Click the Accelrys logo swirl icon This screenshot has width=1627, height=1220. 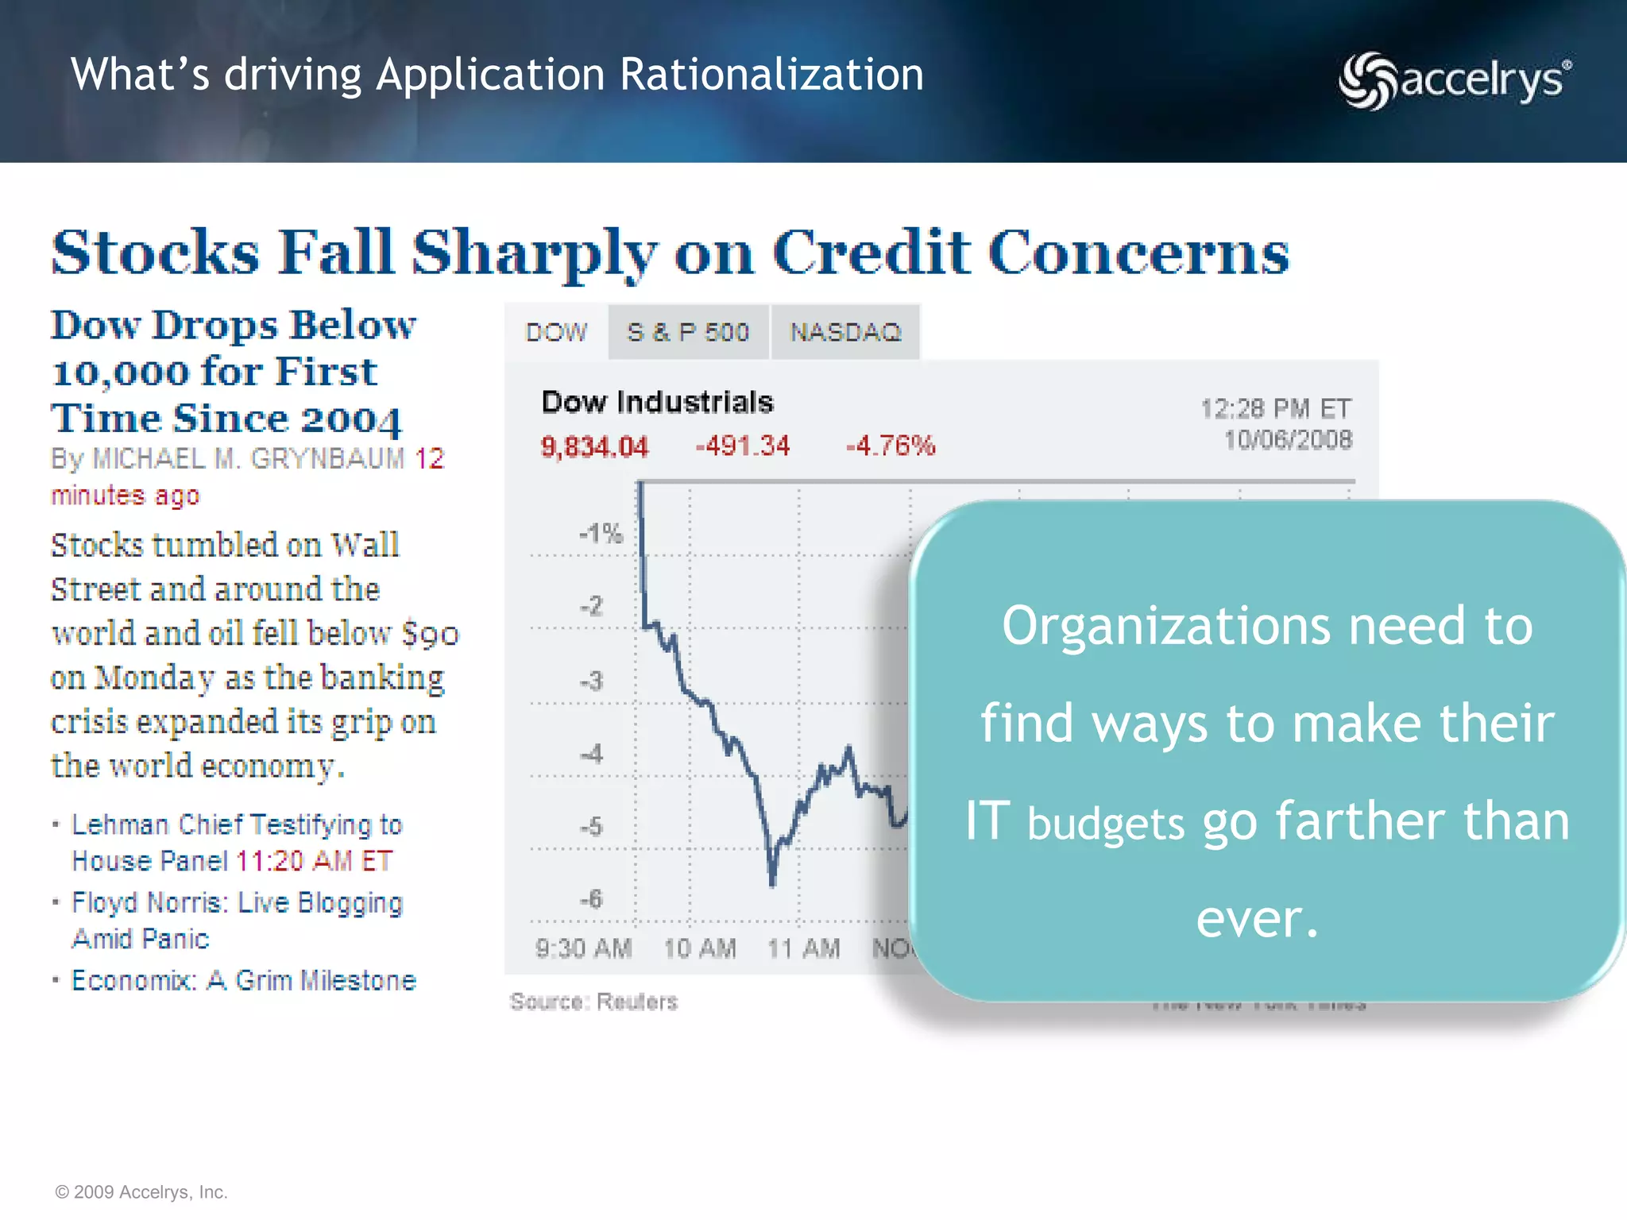click(x=1366, y=81)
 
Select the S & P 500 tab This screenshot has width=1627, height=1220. click(x=688, y=332)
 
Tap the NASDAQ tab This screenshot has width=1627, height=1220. click(x=845, y=332)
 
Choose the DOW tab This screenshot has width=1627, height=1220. click(x=556, y=332)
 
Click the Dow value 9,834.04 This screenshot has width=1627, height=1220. click(x=594, y=447)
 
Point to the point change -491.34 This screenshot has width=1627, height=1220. click(x=743, y=446)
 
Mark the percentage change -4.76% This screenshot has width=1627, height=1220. click(x=891, y=446)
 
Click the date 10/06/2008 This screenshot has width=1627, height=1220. click(x=1287, y=440)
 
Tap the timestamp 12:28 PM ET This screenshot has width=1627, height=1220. click(x=1275, y=409)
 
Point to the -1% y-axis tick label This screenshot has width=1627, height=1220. click(x=601, y=533)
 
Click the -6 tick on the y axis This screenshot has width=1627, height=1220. click(x=591, y=899)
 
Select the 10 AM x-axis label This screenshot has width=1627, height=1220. click(x=700, y=948)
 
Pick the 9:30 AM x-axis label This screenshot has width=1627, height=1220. click(x=584, y=948)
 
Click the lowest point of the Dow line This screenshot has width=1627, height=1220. click(x=772, y=884)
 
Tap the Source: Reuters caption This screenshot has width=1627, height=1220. click(x=593, y=1002)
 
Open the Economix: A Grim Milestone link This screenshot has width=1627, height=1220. click(x=244, y=981)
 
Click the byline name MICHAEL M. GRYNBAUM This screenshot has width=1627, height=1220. click(x=249, y=459)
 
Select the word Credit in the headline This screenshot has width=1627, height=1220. click(x=871, y=253)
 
